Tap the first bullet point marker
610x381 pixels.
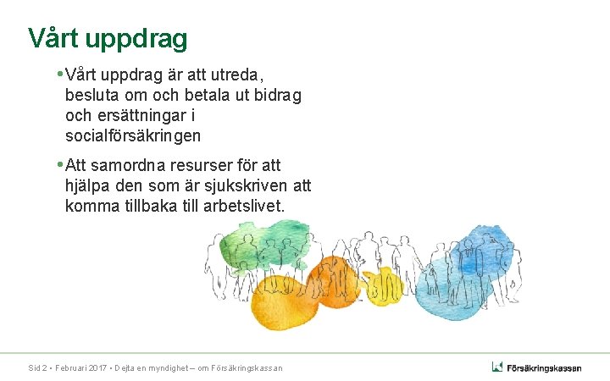(59, 75)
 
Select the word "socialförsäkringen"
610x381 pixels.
(133, 135)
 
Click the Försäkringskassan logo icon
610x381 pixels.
(497, 367)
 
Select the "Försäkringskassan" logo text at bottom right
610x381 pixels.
(544, 367)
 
